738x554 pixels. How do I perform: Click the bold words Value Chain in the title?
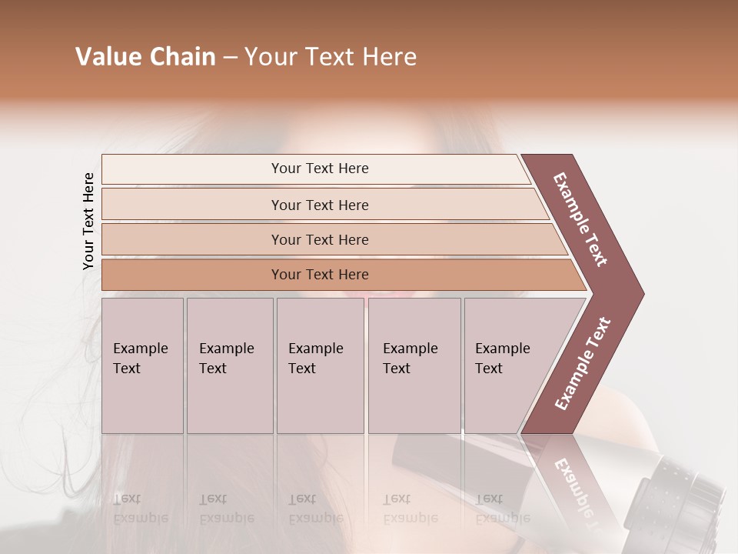pos(145,57)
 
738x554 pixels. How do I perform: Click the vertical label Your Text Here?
pos(88,221)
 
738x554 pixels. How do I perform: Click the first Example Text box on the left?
pos(142,365)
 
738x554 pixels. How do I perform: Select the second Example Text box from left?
pos(230,365)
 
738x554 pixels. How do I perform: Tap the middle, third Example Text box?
pos(320,365)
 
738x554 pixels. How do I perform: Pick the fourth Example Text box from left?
pos(414,365)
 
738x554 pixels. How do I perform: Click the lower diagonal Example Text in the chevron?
pos(582,364)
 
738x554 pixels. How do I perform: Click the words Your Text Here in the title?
pos(331,57)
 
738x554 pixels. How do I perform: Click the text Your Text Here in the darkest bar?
pos(320,275)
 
